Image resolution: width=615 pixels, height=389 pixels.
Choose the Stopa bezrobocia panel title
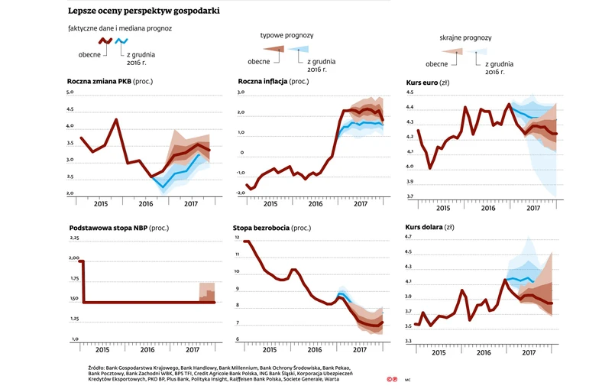[261, 228]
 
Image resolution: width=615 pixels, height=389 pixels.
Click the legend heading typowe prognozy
[286, 35]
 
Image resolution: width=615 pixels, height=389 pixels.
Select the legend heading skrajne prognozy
[465, 37]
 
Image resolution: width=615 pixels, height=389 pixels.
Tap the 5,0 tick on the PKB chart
[70, 92]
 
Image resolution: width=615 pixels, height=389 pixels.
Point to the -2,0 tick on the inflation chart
[239, 193]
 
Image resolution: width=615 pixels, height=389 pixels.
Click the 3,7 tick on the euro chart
[410, 197]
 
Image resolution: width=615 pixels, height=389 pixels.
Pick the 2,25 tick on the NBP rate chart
[73, 239]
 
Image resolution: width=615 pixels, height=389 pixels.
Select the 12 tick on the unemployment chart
[238, 238]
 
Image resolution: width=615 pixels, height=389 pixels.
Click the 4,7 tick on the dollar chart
[408, 238]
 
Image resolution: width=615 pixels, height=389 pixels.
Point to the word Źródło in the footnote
[101, 368]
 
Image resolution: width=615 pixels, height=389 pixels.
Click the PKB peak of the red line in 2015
[116, 119]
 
